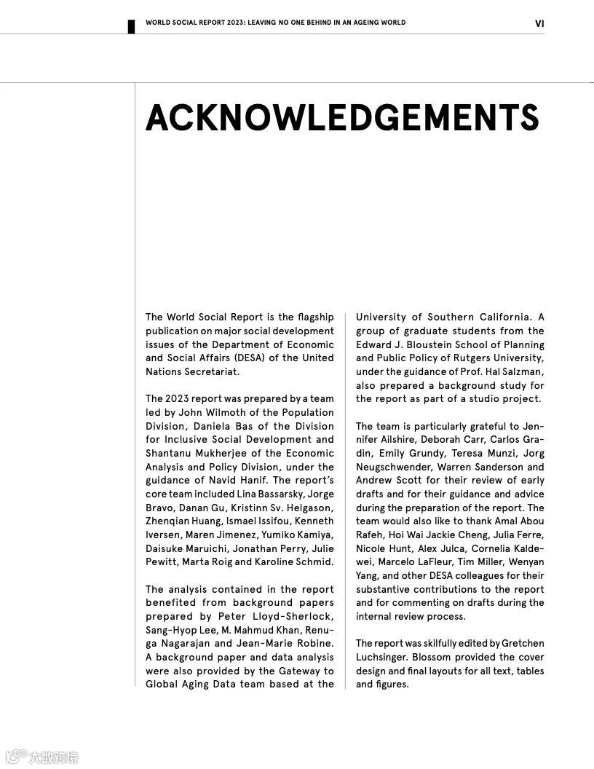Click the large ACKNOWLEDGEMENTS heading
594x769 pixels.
click(342, 118)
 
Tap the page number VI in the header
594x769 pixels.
click(539, 23)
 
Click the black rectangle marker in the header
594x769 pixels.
click(132, 26)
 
